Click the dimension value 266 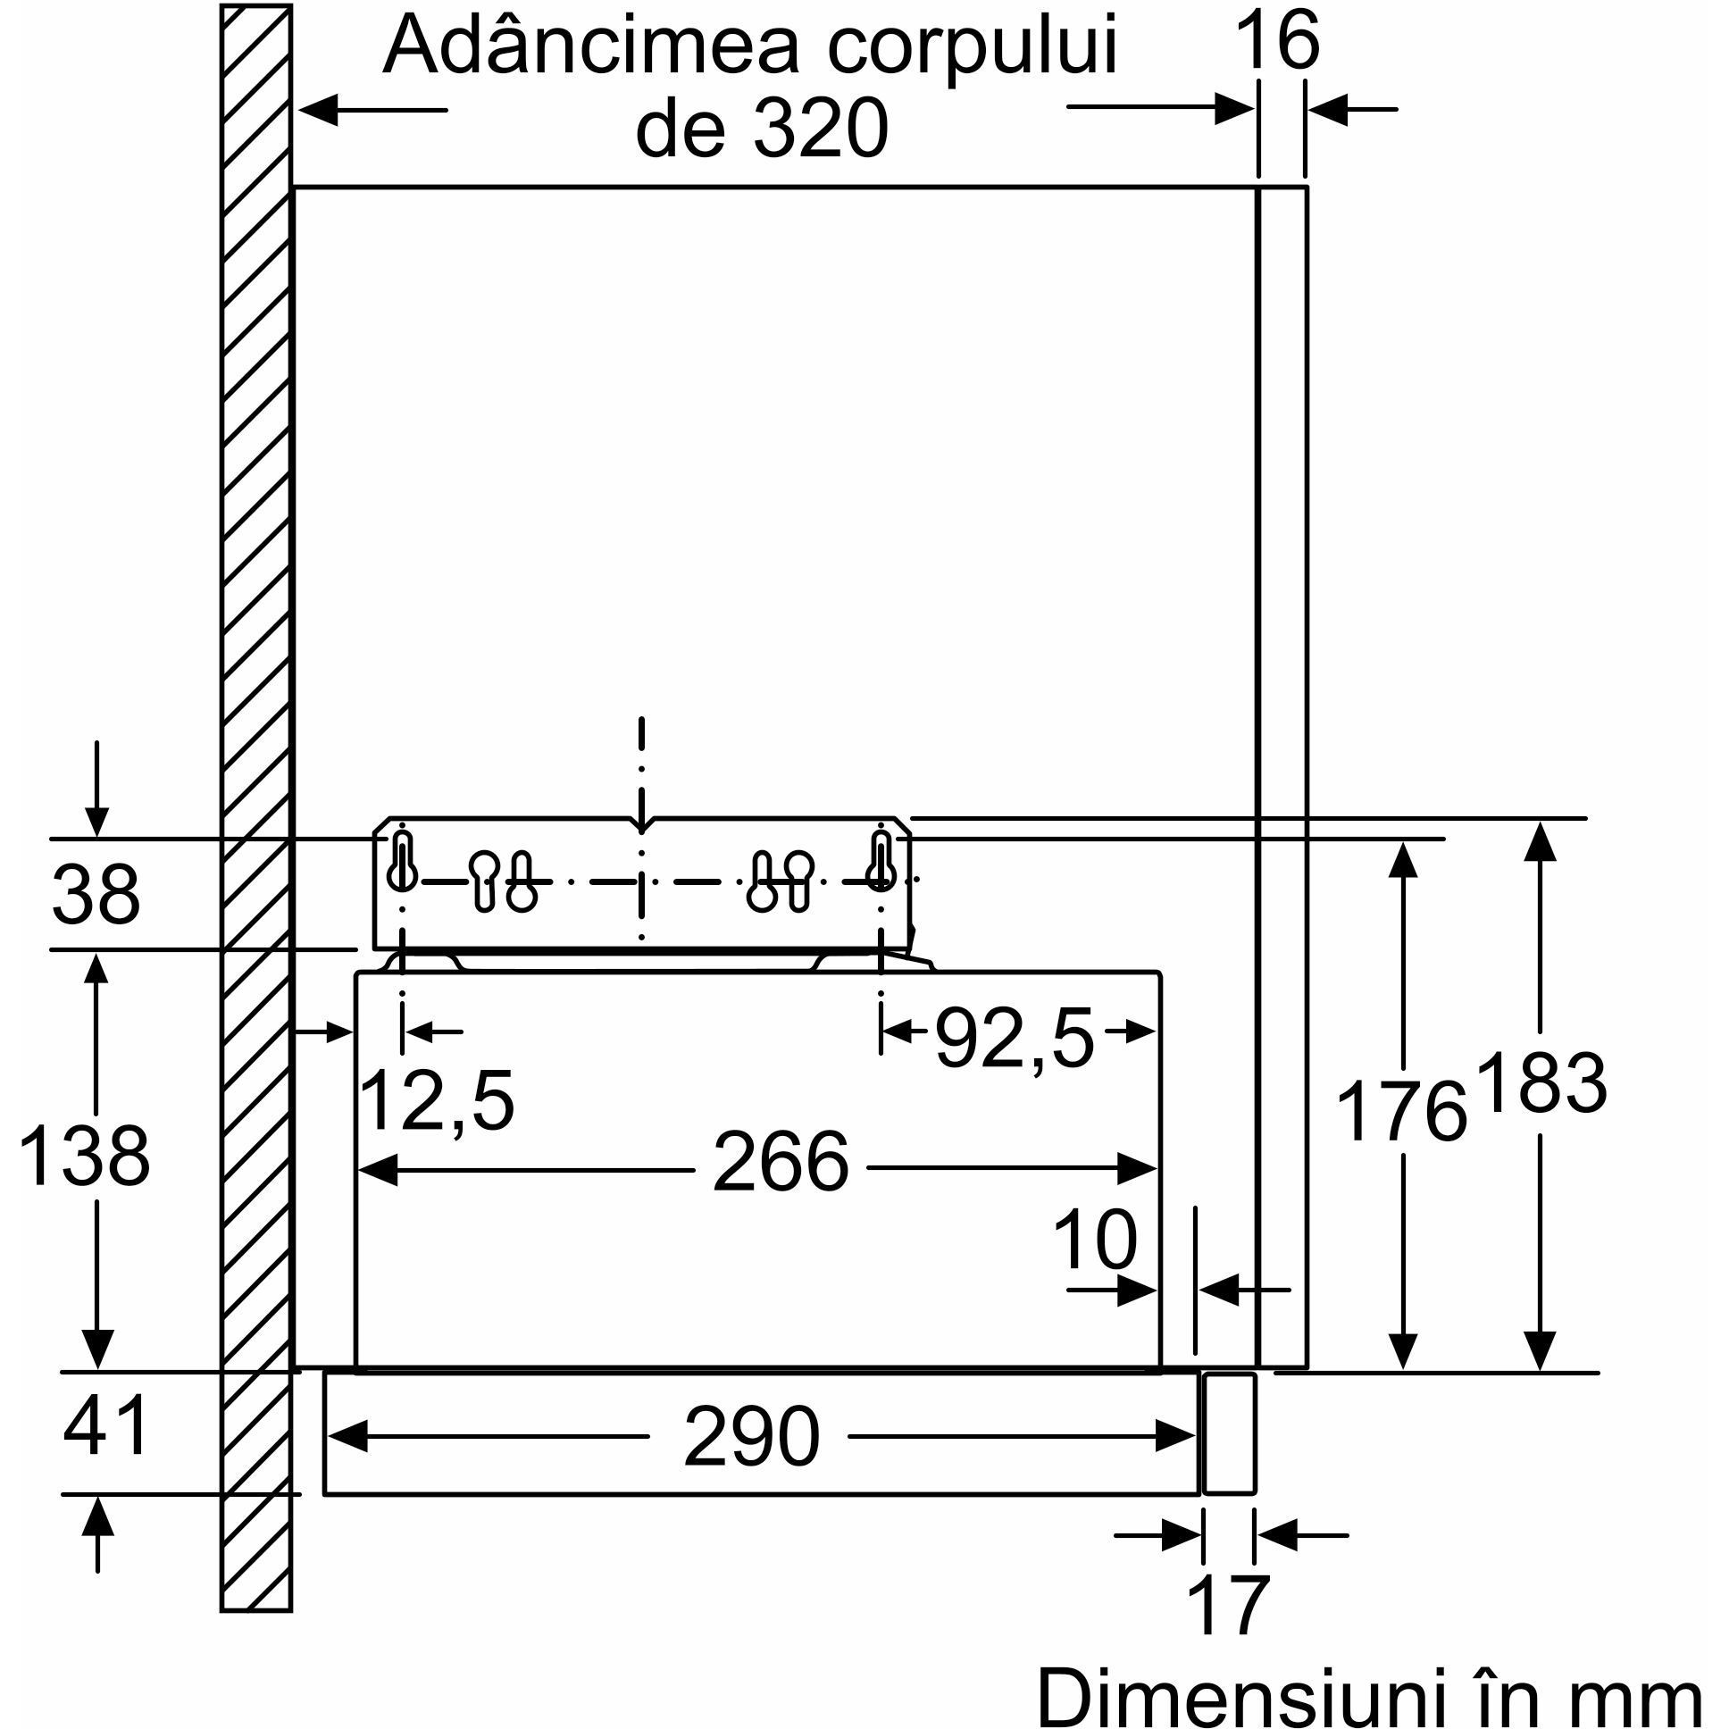coord(780,1163)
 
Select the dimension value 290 coord(751,1437)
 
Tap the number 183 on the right coord(1541,1083)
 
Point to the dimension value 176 coord(1400,1111)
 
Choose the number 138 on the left coord(84,1157)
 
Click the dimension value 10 coord(1095,1240)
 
